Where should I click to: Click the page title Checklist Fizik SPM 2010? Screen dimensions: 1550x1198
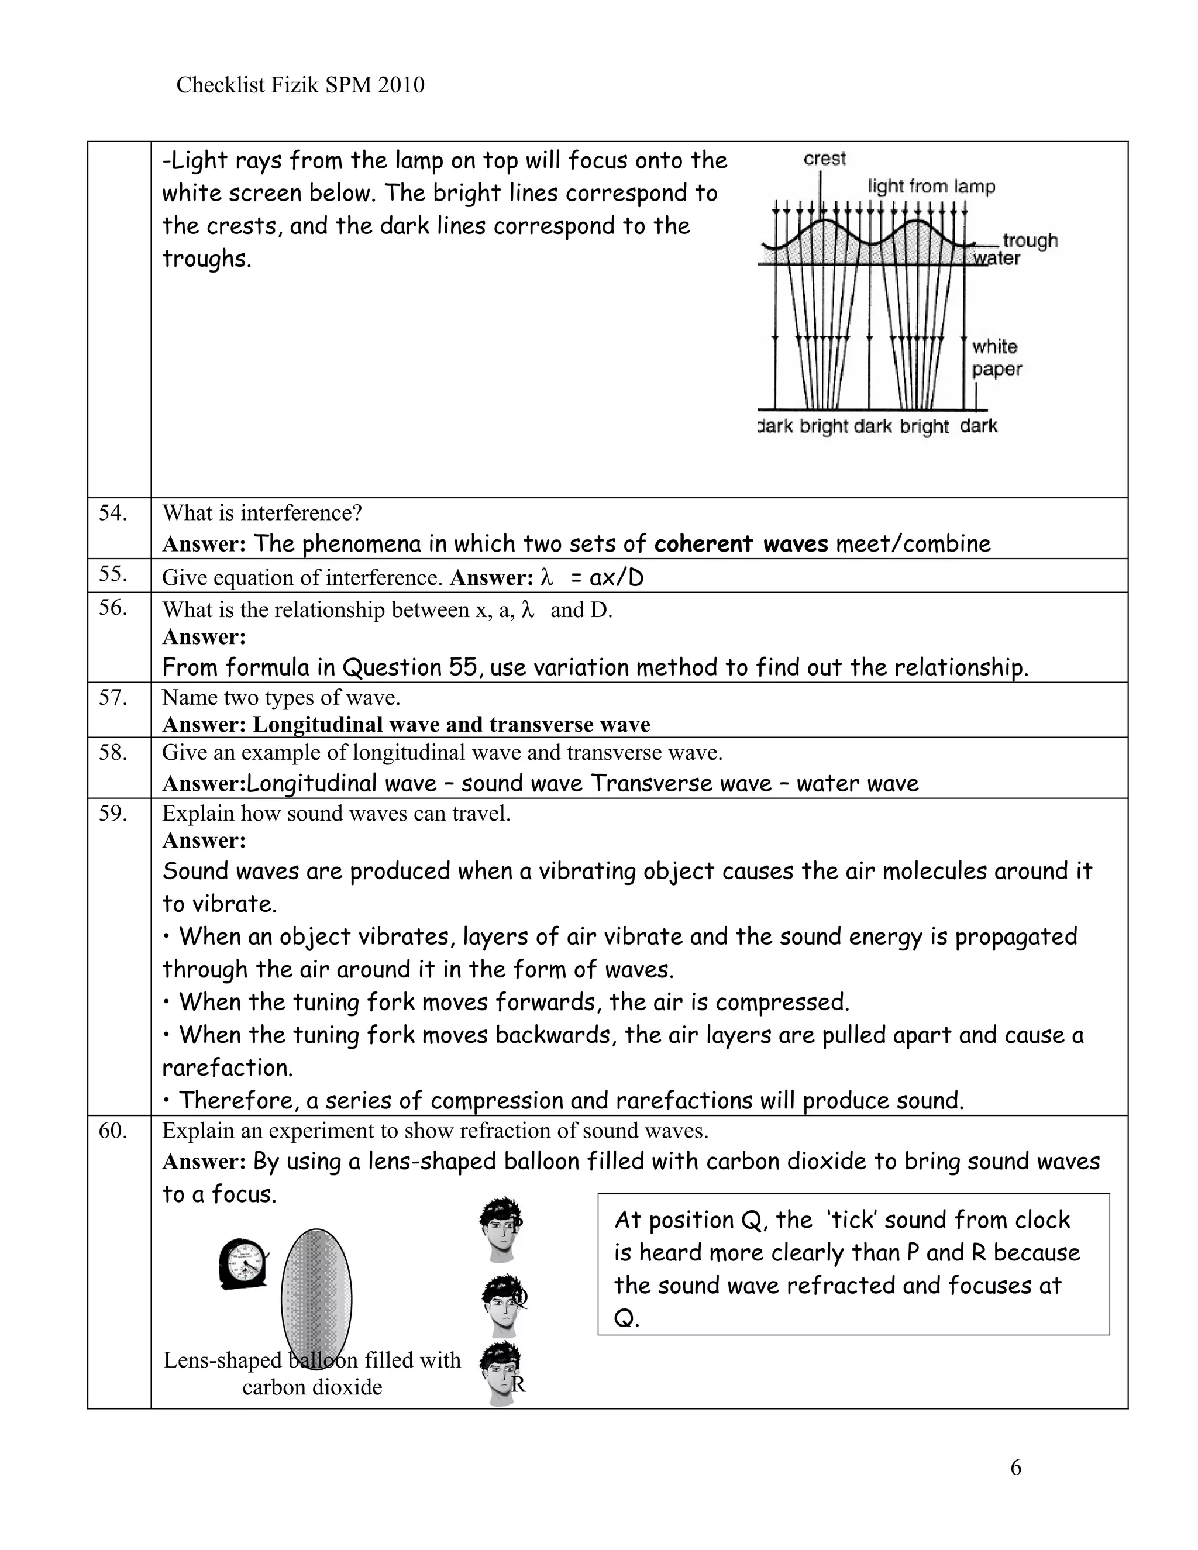pyautogui.click(x=299, y=85)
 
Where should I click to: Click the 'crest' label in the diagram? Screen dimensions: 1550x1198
pyautogui.click(x=824, y=159)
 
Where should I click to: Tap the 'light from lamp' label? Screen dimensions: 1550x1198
pyautogui.click(x=931, y=187)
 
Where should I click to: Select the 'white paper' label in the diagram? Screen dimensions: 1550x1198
pyautogui.click(x=996, y=358)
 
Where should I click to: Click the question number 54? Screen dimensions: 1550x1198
pyautogui.click(x=113, y=513)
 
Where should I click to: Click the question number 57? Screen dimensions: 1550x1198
pyautogui.click(x=113, y=698)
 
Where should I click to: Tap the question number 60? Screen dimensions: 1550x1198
pyautogui.click(x=113, y=1131)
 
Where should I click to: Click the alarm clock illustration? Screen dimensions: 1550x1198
pyautogui.click(x=243, y=1264)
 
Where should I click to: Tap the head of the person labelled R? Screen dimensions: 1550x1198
pyautogui.click(x=501, y=1374)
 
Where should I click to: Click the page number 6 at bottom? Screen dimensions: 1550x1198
pyautogui.click(x=1015, y=1467)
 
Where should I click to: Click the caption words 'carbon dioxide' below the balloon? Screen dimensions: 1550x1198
pyautogui.click(x=312, y=1387)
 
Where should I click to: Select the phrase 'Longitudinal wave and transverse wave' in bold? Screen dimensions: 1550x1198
pyautogui.click(x=452, y=725)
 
